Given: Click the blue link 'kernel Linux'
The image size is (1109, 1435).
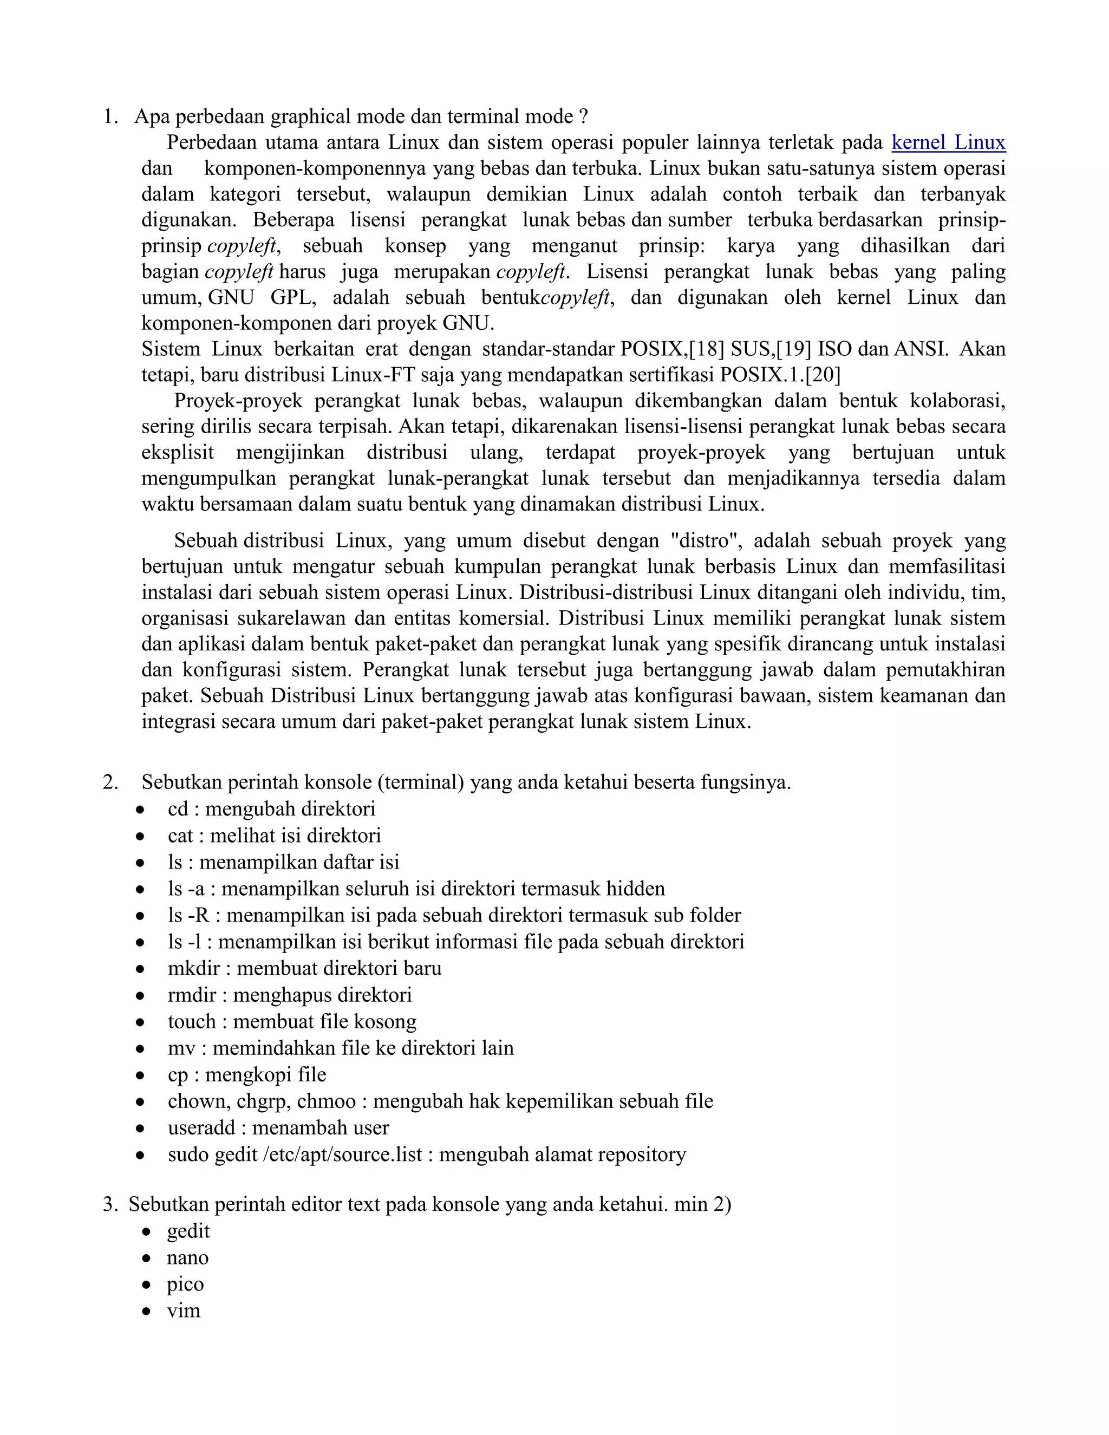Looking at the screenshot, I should click(948, 142).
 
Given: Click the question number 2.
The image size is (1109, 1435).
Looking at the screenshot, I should click(110, 782).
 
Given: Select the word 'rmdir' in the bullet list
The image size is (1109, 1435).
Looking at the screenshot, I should click(192, 995).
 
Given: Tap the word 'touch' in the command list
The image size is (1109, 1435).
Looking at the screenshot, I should click(192, 1022).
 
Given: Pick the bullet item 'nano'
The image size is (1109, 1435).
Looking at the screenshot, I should click(188, 1257).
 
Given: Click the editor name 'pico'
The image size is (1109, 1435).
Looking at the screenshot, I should click(185, 1284).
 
